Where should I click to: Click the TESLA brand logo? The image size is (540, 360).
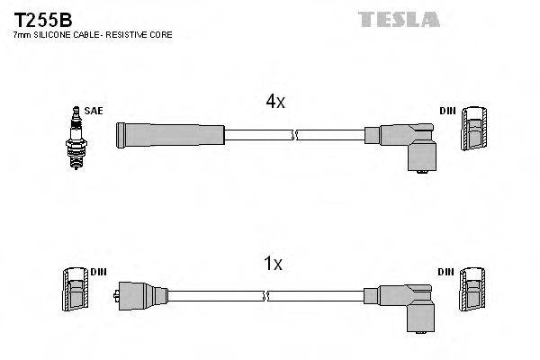[x=399, y=19]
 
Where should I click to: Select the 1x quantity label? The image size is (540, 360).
[x=274, y=264]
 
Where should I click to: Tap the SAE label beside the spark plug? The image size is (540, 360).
[x=95, y=111]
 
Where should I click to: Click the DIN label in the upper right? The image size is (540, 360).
[x=447, y=111]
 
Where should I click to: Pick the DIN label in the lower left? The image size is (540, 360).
[x=98, y=271]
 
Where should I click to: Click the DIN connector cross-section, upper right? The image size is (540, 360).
[x=474, y=131]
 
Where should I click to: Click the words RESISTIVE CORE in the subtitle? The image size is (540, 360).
[x=142, y=34]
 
